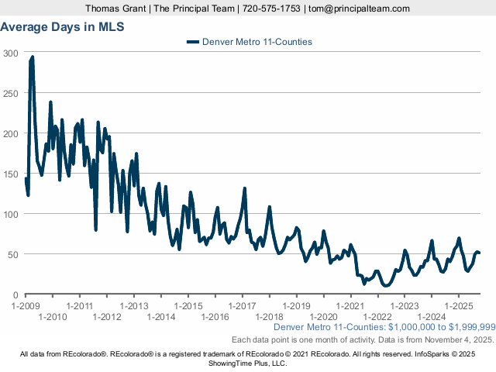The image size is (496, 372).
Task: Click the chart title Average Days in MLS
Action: tap(63, 26)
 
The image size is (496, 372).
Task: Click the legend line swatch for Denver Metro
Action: tap(193, 42)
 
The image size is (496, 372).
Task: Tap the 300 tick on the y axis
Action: tap(12, 53)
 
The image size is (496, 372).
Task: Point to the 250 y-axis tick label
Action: tap(12, 93)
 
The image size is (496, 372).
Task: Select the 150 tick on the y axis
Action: tap(12, 174)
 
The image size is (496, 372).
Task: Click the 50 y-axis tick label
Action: tap(14, 254)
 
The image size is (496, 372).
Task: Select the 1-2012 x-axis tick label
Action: tap(107, 316)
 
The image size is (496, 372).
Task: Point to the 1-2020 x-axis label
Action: tap(323, 316)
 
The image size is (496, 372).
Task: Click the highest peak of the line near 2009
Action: tap(32, 57)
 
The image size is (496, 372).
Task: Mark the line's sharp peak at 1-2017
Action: tap(245, 188)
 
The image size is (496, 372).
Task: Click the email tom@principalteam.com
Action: tap(359, 9)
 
